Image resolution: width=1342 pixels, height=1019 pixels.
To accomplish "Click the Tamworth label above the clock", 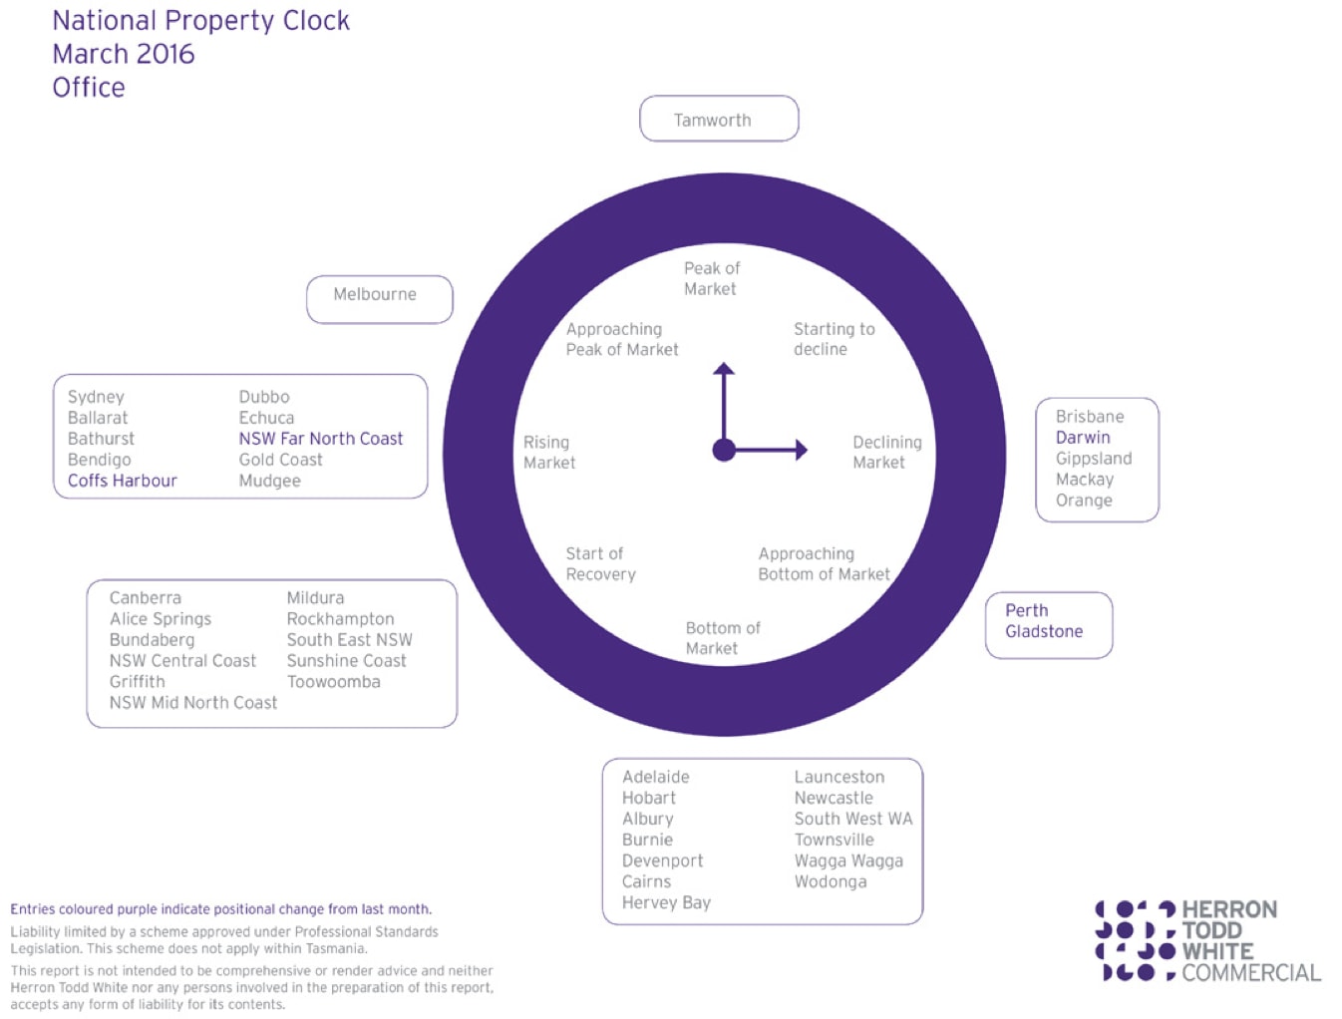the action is coord(712,120).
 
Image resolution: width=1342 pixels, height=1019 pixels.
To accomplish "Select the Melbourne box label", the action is coord(374,294).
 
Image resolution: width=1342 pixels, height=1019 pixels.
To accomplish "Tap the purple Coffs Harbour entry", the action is coord(123,481).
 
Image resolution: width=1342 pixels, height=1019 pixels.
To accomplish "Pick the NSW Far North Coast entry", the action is coord(320,439).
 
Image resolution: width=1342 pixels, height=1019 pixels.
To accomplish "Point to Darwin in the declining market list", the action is coord(1082,437).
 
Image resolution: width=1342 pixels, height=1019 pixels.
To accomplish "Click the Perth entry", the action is coord(1027,610).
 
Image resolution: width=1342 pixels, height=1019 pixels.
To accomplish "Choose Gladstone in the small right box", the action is coord(1044,631).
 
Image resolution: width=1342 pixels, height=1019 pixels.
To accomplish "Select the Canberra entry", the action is coord(145,597).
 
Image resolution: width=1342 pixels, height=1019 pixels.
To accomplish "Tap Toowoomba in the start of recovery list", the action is coord(333,681).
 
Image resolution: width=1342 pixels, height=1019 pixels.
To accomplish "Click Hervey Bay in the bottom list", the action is coord(666,903).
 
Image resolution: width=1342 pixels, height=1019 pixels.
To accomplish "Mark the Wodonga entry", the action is coord(831,881).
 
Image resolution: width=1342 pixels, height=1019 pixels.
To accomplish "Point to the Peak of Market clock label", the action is coord(711,278).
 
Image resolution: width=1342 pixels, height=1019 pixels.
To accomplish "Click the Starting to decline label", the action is coord(834,339).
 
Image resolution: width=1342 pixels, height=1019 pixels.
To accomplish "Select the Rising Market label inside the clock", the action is coord(549,452).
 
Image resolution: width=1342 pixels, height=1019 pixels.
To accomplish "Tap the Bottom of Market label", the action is coord(723,637).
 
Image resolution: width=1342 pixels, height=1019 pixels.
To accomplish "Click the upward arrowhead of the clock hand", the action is coord(723,368).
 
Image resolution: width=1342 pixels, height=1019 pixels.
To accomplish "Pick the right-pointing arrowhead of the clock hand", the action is coord(802,450).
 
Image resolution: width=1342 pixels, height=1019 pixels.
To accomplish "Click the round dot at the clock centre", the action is coord(724,450).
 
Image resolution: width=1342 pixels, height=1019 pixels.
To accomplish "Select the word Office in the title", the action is coord(89,88).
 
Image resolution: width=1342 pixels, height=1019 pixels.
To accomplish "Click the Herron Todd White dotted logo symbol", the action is coord(1136,940).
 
